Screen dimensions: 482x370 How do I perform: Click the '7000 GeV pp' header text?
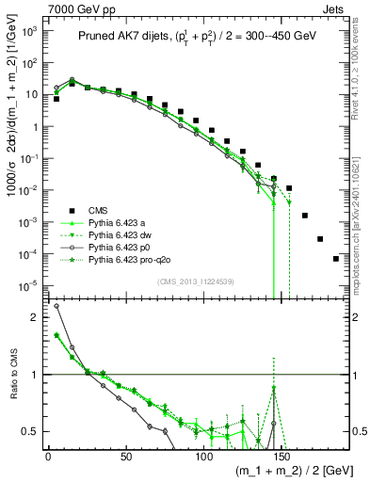[47, 8]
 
